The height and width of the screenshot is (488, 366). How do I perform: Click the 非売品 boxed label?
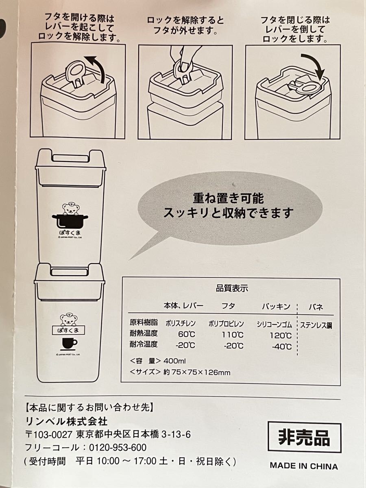pos(304,437)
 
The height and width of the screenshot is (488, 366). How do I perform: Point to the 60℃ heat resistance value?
pos(187,334)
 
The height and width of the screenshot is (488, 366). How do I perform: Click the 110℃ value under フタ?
pos(233,335)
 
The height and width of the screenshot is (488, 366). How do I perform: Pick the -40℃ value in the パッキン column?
pos(281,346)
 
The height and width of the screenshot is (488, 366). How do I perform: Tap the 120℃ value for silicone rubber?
pos(281,335)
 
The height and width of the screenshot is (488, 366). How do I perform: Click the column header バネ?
pos(316,307)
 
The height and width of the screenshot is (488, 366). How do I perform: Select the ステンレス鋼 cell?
pos(316,325)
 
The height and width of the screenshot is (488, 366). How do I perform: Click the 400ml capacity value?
pos(174,361)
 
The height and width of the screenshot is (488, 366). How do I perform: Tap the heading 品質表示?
pos(232,289)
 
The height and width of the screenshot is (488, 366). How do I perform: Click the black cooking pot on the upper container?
pos(70,221)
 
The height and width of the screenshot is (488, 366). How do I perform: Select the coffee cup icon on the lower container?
pos(69,344)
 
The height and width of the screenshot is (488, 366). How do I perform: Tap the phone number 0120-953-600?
pos(118,448)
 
